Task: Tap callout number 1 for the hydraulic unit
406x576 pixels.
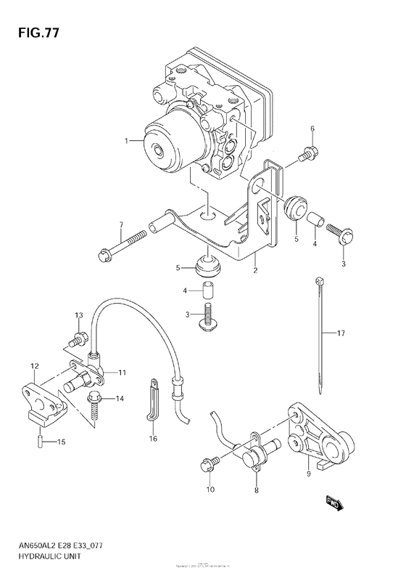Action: tap(126, 141)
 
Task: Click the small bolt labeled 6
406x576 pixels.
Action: tap(308, 153)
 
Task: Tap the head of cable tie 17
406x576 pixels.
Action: tap(318, 279)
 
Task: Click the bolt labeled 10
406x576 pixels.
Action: tap(207, 463)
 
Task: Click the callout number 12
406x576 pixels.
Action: tap(33, 366)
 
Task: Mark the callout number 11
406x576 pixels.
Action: tap(123, 373)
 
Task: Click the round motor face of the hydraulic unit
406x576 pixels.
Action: tap(159, 149)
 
